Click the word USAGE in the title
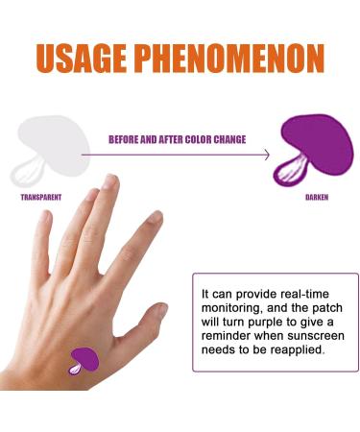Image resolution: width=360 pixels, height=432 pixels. [84, 58]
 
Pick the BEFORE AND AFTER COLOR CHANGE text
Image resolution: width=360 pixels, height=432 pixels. [176, 139]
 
